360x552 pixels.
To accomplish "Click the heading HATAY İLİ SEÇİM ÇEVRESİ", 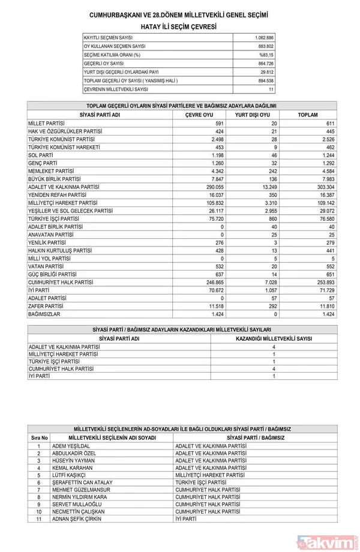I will pyautogui.click(x=179, y=27).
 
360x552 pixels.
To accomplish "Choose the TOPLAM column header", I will pyautogui.click(x=307, y=115).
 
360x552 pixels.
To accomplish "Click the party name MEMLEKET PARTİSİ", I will pyautogui.click(x=50, y=171).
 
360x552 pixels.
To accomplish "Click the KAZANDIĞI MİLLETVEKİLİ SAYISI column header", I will pyautogui.click(x=274, y=338).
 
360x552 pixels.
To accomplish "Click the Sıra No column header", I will pyautogui.click(x=40, y=438).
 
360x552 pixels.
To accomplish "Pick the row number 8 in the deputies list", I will pyautogui.click(x=39, y=497).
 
